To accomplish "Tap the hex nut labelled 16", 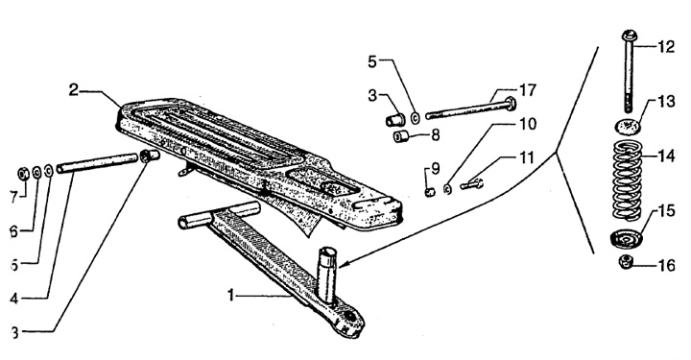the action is click(626, 262).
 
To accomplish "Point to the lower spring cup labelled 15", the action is click(626, 239).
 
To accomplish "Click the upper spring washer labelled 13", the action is click(628, 126).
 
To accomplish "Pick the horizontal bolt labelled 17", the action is click(470, 109).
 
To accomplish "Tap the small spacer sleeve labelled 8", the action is click(401, 136).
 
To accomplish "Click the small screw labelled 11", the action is click(471, 184).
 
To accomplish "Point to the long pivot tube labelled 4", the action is click(97, 161).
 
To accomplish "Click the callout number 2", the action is click(74, 90).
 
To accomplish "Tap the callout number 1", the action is click(231, 295).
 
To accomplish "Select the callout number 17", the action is click(527, 90).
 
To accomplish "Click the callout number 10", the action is click(527, 124).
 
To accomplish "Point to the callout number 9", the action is click(436, 169).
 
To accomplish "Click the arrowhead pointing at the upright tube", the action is click(343, 265).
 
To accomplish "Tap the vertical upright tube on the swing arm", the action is click(327, 274).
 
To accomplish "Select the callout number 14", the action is click(664, 156).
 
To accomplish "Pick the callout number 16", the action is click(666, 265).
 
